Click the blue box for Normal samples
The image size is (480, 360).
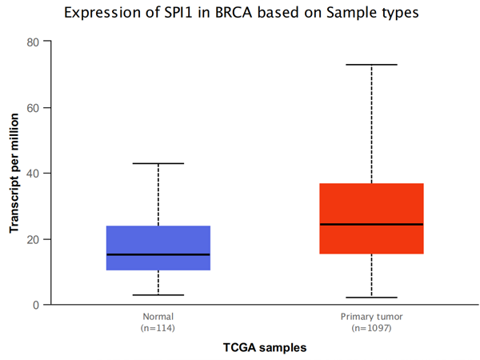coord(158,248)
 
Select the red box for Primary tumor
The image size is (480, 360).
coord(372,218)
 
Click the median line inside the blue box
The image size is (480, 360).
coord(158,254)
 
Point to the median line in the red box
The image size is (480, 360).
coord(372,224)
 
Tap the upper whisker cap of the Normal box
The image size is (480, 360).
coord(158,163)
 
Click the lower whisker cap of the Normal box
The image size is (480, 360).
coord(158,295)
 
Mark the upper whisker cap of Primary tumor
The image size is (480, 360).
coord(372,65)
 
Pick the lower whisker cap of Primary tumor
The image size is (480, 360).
coord(372,298)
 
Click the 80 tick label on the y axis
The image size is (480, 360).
coord(33,42)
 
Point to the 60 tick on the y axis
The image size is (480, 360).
coord(33,108)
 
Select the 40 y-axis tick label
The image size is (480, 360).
coord(33,174)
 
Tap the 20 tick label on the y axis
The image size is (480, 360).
coord(33,239)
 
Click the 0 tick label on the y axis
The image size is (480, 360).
coord(36,306)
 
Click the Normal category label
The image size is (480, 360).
coord(158,317)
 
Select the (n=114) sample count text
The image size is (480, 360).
coord(158,328)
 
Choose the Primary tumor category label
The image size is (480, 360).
coord(372,317)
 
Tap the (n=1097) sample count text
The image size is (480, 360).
coord(372,328)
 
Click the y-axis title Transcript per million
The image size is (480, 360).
coord(14,173)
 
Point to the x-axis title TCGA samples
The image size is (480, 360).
coord(265,348)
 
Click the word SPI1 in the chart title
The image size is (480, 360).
coord(178,13)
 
